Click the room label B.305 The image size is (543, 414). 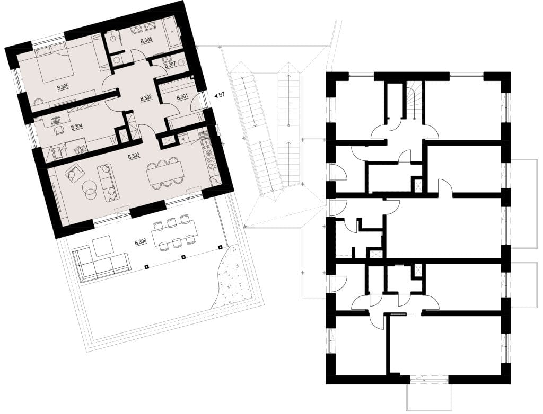click(x=63, y=88)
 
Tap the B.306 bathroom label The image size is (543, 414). click(x=146, y=41)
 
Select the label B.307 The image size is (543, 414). click(x=170, y=65)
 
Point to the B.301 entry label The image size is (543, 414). click(x=182, y=98)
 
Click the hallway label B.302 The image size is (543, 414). click(x=146, y=99)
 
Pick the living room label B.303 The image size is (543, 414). click(x=134, y=156)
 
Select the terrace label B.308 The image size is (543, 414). click(x=141, y=242)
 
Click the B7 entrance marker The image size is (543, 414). click(x=220, y=95)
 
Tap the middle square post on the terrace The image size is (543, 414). click(x=183, y=257)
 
